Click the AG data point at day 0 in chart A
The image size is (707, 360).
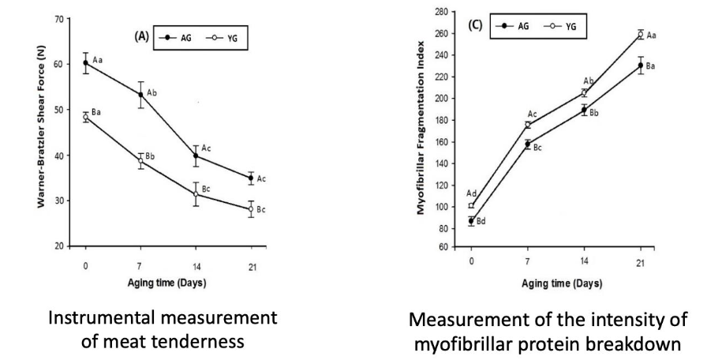point(85,62)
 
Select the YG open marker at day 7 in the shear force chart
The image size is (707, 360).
point(140,161)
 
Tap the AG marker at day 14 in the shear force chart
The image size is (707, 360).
point(196,156)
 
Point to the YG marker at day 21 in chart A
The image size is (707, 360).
point(251,209)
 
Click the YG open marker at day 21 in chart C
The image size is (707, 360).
point(640,34)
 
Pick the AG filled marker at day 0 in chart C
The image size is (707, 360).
point(471,221)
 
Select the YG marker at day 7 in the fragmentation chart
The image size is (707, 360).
point(527,125)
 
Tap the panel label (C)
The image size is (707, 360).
point(476,25)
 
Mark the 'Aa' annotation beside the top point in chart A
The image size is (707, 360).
point(98,60)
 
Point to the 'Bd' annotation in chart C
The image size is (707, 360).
point(482,221)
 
